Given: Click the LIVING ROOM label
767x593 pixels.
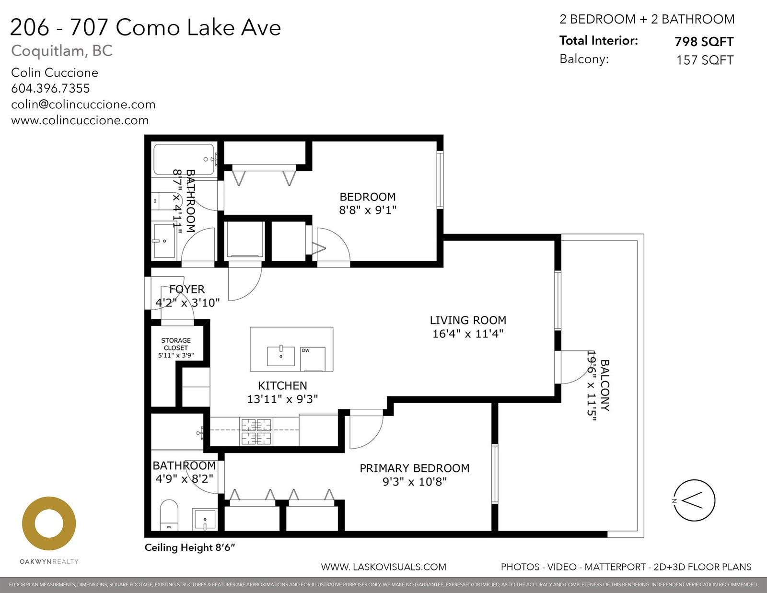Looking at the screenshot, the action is (x=468, y=320).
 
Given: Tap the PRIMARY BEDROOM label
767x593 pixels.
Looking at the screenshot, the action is (x=414, y=468).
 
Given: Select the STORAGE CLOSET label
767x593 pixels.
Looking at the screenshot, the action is (x=176, y=344).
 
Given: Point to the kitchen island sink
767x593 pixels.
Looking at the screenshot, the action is (x=280, y=356).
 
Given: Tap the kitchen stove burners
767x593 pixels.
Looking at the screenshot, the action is (x=256, y=432).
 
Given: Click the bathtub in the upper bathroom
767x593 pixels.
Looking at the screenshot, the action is (x=184, y=160).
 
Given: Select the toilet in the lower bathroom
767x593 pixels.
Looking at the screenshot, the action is (x=169, y=515).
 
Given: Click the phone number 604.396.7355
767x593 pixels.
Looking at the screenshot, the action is (x=50, y=88).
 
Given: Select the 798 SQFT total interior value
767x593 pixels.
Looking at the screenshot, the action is (x=704, y=42).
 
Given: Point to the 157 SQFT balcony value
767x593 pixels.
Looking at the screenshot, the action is (x=705, y=60).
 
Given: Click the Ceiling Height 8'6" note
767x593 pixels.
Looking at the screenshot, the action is (x=190, y=547).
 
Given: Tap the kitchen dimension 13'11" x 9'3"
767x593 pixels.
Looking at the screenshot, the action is (x=282, y=399).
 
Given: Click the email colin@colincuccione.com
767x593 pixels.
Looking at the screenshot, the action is (x=83, y=105).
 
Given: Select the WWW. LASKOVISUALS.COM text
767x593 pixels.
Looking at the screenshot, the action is (x=383, y=567).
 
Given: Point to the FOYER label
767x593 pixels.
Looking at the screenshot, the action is (x=187, y=289).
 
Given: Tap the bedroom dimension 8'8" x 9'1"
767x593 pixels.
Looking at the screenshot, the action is (x=368, y=210).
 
